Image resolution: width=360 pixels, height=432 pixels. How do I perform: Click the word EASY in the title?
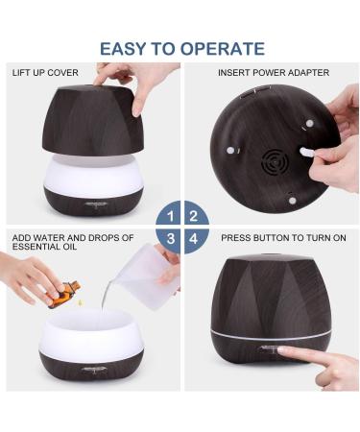126,48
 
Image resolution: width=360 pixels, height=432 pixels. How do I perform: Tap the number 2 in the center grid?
192,215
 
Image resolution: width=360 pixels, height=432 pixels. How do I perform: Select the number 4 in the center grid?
192,238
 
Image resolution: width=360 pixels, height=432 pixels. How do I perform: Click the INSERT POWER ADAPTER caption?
274,73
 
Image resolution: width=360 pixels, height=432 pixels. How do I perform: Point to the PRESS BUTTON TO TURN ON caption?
283,236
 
